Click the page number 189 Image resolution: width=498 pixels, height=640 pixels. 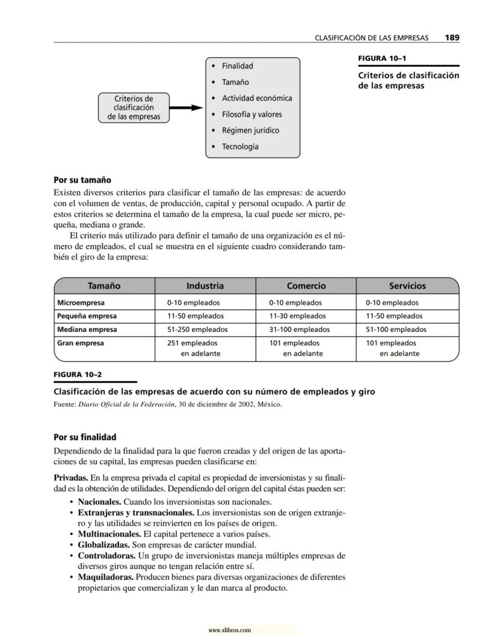point(452,37)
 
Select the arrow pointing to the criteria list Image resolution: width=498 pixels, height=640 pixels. point(185,108)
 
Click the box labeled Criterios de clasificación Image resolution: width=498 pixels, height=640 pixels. point(134,108)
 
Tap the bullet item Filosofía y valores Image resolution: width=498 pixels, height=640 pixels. point(251,114)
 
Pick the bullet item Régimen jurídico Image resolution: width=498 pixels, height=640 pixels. point(250,131)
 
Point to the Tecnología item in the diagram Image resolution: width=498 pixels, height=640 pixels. point(240,147)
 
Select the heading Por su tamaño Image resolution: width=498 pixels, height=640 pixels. point(82,180)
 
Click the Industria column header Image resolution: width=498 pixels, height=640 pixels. point(204,286)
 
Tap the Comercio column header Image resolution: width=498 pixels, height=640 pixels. point(306,286)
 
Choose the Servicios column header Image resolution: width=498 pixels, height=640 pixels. point(407,286)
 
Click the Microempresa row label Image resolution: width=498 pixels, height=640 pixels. point(81,303)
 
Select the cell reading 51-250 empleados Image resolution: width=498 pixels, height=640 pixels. point(197,330)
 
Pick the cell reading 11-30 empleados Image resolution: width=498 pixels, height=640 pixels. point(297,316)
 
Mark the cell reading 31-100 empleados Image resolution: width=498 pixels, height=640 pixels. point(299,330)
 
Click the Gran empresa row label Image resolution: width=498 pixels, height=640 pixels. point(80,343)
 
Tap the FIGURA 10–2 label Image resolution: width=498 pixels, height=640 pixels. point(78,374)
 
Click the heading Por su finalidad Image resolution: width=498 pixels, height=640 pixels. point(85,437)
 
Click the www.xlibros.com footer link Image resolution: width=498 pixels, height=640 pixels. point(229,630)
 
